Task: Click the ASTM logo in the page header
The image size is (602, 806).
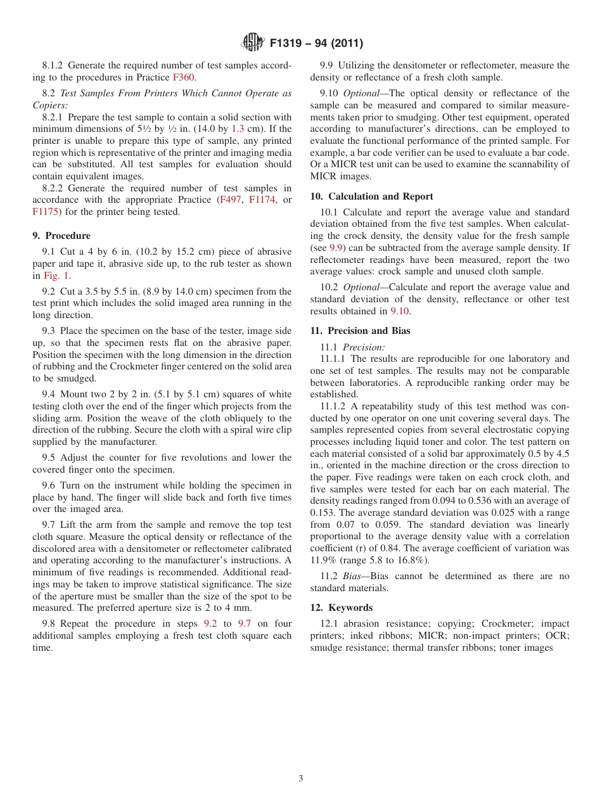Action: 253,43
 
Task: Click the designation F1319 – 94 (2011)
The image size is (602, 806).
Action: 316,44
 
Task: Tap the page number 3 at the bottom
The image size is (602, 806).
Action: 301,779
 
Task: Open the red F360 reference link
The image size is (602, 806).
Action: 184,77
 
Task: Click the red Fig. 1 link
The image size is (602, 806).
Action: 56,276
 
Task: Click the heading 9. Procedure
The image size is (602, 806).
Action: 61,236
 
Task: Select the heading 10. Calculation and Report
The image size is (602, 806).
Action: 371,196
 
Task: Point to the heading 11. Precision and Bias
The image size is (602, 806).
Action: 360,331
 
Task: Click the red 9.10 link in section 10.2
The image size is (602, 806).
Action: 400,311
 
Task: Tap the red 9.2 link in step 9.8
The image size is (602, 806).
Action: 210,624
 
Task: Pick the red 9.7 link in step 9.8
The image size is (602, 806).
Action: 244,624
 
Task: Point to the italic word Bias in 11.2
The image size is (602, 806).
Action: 353,576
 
